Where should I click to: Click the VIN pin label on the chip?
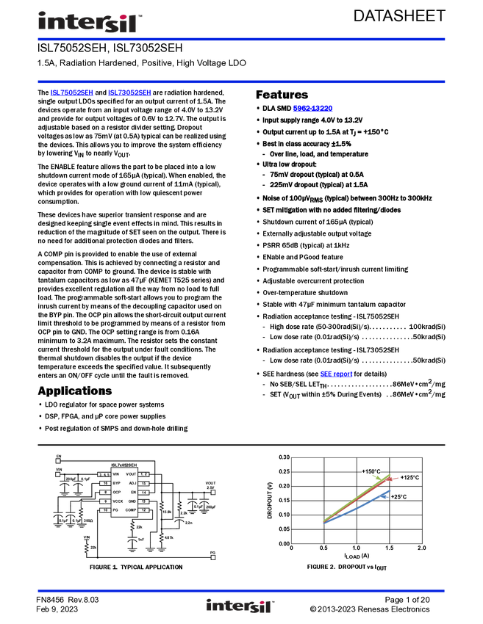tap(116, 474)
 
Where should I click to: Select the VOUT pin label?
tap(131, 474)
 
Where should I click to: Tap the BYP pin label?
tap(116, 483)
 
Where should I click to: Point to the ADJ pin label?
tap(132, 483)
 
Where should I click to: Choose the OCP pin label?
tap(116, 492)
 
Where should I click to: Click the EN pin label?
tap(133, 492)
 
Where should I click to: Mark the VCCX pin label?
tap(118, 501)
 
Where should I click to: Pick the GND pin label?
tap(132, 501)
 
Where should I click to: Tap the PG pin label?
tap(115, 509)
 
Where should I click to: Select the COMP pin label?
tap(131, 509)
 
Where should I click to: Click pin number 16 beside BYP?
tap(105, 483)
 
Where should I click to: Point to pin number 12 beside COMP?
tap(144, 509)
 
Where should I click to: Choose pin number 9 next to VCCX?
tap(105, 501)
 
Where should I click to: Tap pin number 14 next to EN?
tap(144, 492)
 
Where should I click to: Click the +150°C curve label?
tap(371, 471)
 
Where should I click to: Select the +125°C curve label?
tap(409, 478)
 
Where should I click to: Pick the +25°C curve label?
tap(399, 497)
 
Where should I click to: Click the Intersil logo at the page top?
tap(88, 22)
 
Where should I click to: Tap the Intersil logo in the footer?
tap(240, 606)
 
